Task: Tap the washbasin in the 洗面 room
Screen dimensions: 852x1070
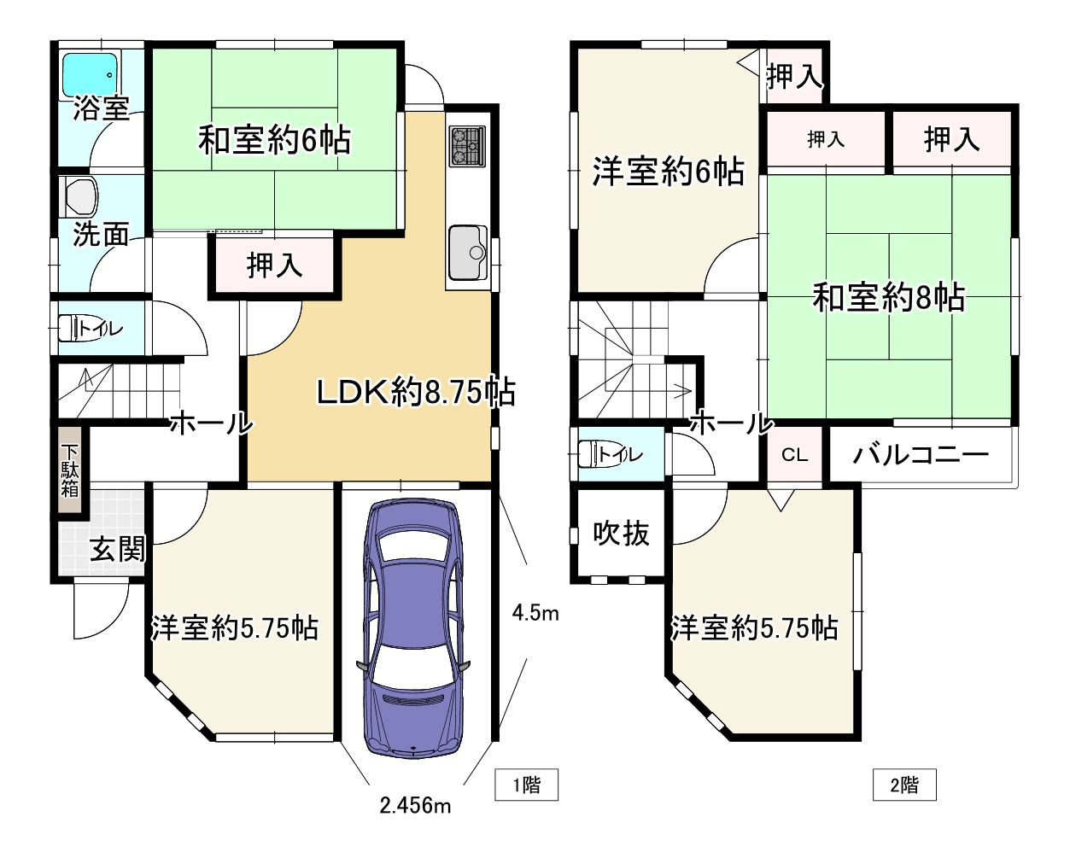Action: tap(82, 196)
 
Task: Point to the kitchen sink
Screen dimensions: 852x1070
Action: tap(467, 251)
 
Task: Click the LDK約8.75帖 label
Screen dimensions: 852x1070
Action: tap(415, 393)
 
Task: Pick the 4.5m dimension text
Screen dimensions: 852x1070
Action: tap(535, 612)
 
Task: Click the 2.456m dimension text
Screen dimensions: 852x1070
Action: tap(416, 804)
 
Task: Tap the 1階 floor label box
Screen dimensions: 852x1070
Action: tap(526, 785)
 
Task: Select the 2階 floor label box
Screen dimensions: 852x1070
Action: tap(904, 785)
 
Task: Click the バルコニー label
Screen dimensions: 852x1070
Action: tap(921, 454)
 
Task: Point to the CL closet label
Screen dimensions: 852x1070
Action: tap(794, 455)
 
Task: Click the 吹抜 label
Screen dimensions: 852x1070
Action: tap(621, 534)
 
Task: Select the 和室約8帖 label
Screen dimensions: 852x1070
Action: tap(888, 298)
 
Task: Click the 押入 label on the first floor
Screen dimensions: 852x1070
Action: tap(274, 266)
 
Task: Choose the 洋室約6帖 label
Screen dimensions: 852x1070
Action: tap(668, 172)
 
